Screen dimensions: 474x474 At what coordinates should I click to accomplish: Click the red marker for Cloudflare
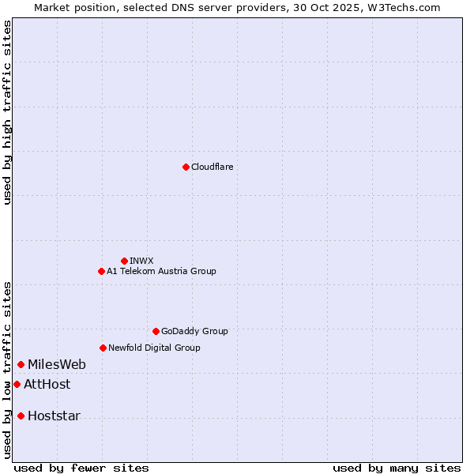[x=186, y=167]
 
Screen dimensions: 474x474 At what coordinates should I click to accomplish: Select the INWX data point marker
[x=124, y=261]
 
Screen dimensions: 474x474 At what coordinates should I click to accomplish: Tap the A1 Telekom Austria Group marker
[x=101, y=271]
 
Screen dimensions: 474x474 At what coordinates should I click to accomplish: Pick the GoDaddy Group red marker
[x=156, y=331]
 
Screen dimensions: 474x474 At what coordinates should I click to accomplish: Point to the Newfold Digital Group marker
[x=103, y=348]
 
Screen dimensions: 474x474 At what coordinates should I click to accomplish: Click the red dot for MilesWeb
[x=21, y=364]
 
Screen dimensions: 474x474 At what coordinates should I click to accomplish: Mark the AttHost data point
[x=17, y=384]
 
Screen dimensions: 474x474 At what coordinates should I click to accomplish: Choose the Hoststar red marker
[x=21, y=416]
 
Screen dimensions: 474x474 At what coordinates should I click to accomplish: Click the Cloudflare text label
[x=212, y=167]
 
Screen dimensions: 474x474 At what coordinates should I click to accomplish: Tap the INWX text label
[x=141, y=261]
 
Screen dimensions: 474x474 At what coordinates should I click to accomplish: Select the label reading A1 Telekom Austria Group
[x=161, y=271]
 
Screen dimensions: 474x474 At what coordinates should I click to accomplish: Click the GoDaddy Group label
[x=194, y=331]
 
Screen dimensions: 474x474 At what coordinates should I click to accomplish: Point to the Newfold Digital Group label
[x=154, y=348]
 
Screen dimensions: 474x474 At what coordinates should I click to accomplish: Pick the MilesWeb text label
[x=57, y=364]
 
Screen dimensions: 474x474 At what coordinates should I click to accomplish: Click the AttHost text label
[x=47, y=384]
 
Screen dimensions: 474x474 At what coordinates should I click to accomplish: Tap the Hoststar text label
[x=54, y=416]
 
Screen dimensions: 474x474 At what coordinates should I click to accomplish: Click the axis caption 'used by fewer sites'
[x=81, y=468]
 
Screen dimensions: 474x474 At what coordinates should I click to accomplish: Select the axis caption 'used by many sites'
[x=397, y=468]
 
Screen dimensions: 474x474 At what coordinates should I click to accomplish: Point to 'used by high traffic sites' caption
[x=7, y=112]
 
